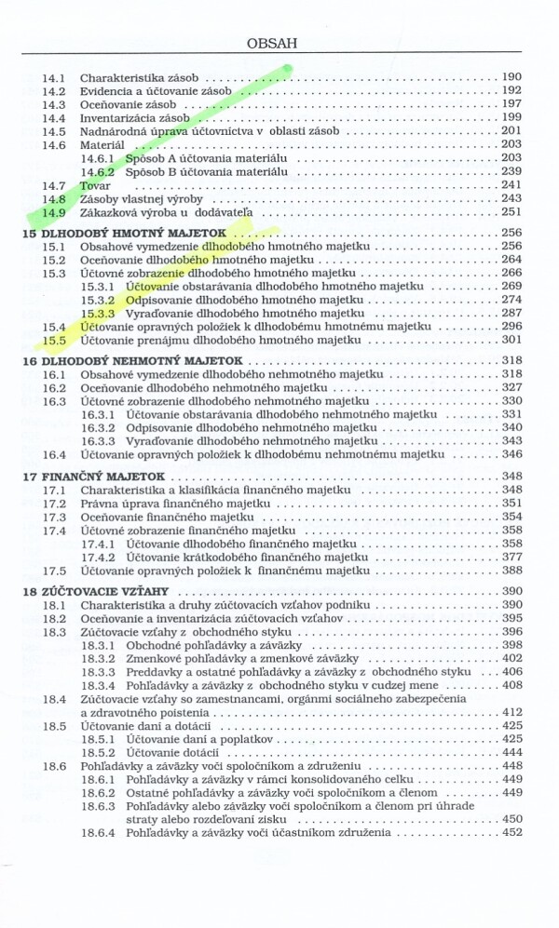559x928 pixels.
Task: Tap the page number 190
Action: [x=511, y=77]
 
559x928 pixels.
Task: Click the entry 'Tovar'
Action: [x=95, y=185]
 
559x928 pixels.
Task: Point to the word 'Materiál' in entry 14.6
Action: [x=102, y=145]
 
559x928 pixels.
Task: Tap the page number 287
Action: [x=511, y=314]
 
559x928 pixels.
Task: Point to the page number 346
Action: [x=511, y=454]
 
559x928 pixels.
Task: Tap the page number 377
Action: [x=511, y=557]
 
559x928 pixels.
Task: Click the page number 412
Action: [x=511, y=712]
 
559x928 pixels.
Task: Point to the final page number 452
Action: [x=511, y=832]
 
